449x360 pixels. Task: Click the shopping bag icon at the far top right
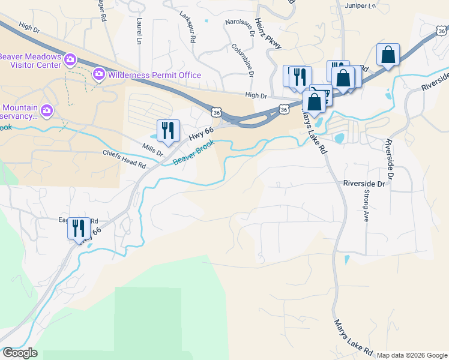tap(388, 55)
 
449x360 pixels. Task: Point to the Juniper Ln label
tap(360, 5)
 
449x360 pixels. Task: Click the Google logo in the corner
tap(20, 353)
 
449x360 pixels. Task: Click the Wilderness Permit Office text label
tap(154, 75)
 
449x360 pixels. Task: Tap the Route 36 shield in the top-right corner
tap(442, 29)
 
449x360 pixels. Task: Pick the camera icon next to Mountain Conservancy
tap(47, 110)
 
